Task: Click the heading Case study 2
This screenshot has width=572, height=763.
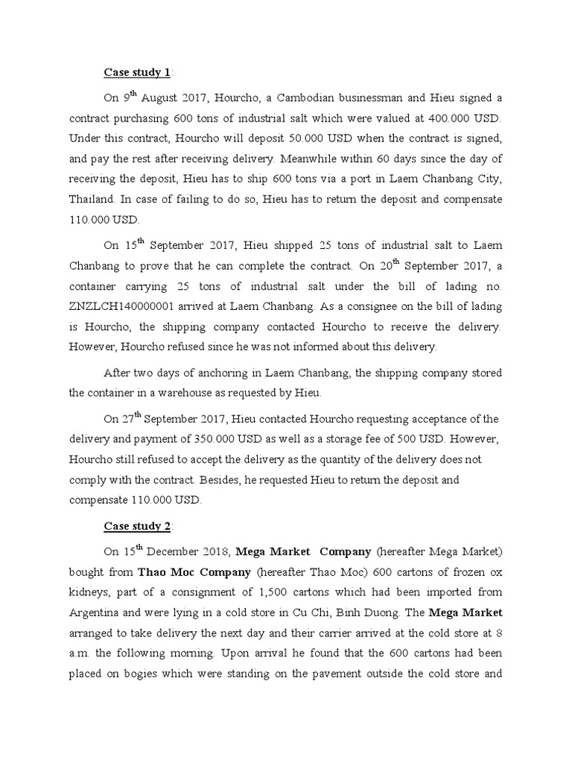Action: pos(137,526)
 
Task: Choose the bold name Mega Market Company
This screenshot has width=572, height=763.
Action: pos(303,552)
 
